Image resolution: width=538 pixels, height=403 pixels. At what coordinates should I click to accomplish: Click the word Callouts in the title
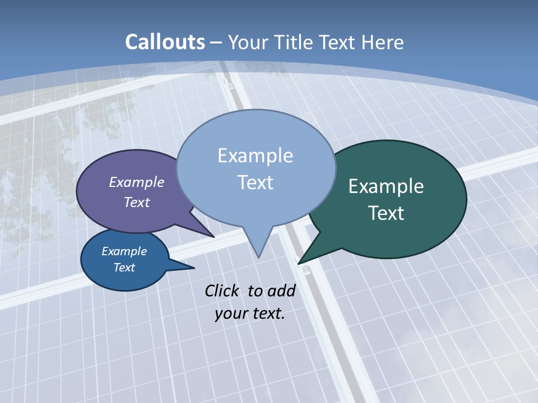coord(165,42)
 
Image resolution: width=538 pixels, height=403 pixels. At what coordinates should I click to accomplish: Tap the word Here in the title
coord(383,42)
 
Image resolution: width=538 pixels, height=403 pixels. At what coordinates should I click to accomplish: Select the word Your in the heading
coord(249,42)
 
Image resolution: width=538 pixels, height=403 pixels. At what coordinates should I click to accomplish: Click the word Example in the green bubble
coord(386,186)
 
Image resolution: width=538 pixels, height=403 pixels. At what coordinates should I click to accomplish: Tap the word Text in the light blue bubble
coord(256,182)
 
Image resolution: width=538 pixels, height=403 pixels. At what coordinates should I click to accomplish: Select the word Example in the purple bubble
coord(137,182)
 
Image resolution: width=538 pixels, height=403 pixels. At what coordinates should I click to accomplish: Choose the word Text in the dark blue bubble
coord(124,268)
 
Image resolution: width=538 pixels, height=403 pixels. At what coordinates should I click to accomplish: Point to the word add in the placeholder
coord(281,290)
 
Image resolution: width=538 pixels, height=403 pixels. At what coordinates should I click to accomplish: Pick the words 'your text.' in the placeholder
coord(250,313)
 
